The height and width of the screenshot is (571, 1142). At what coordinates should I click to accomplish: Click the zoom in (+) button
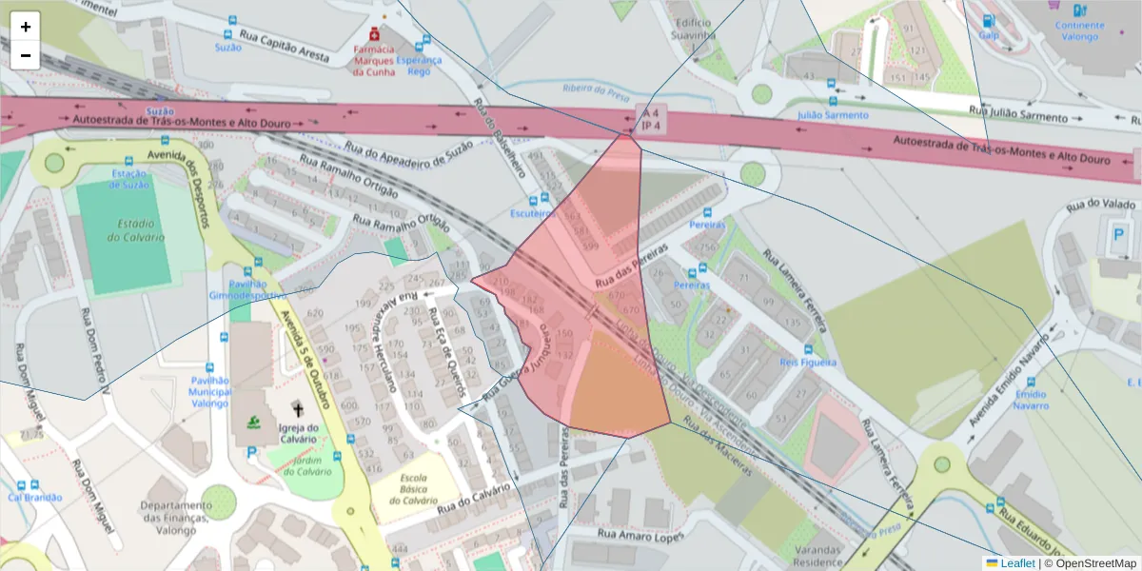point(26,27)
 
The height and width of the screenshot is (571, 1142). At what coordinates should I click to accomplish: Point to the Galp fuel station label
point(989,35)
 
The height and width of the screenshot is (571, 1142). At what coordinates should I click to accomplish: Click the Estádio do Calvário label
point(133,230)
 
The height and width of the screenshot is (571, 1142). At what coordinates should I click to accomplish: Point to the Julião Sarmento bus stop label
point(832,115)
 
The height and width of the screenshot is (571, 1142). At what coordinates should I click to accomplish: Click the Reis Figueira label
point(808,363)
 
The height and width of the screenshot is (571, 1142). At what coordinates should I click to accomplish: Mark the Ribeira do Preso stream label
point(597,90)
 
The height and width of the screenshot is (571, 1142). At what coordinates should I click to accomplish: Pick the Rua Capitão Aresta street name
point(285,48)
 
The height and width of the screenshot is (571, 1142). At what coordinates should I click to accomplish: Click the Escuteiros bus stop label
point(532,213)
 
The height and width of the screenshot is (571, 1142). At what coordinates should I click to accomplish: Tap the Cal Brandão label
point(35,497)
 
